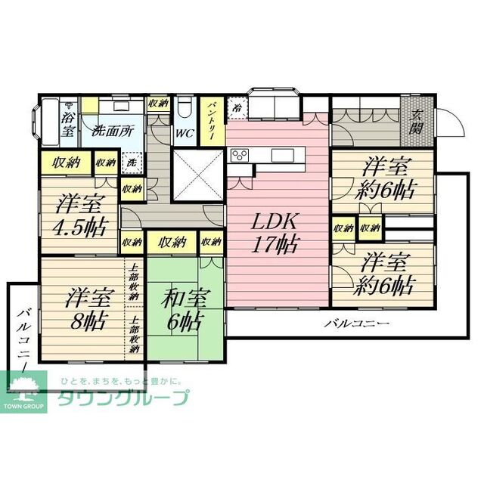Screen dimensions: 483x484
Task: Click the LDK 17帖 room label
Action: point(276,232)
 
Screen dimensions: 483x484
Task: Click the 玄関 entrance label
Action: point(416,121)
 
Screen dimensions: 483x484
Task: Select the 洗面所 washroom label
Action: point(112,129)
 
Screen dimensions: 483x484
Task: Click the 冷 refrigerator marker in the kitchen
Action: point(237,108)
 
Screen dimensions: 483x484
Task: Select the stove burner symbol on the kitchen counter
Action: point(240,156)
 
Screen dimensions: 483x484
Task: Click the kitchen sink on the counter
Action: point(283,155)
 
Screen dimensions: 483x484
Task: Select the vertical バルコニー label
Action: point(22,340)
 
